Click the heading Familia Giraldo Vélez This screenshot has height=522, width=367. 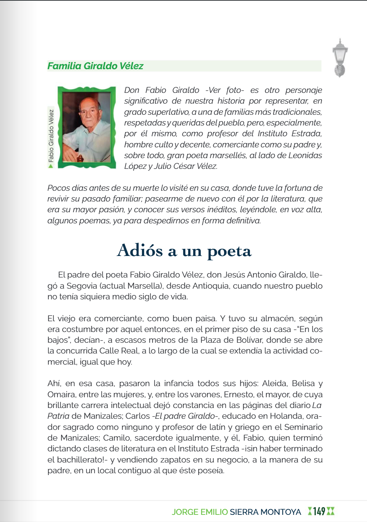click(x=95, y=66)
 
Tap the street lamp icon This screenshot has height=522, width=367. click(x=340, y=57)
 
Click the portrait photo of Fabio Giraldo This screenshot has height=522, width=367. click(x=87, y=127)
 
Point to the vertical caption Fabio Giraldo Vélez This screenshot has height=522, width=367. click(x=51, y=136)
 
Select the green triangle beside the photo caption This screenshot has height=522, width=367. click(x=51, y=166)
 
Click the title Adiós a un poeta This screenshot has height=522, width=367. click(x=184, y=250)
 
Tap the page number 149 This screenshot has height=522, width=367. click(x=319, y=511)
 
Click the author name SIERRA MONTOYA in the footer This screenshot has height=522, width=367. click(x=265, y=512)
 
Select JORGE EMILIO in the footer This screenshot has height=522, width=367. click(x=200, y=512)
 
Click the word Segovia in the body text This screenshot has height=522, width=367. click(x=82, y=286)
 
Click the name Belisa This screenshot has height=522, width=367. click(x=304, y=383)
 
